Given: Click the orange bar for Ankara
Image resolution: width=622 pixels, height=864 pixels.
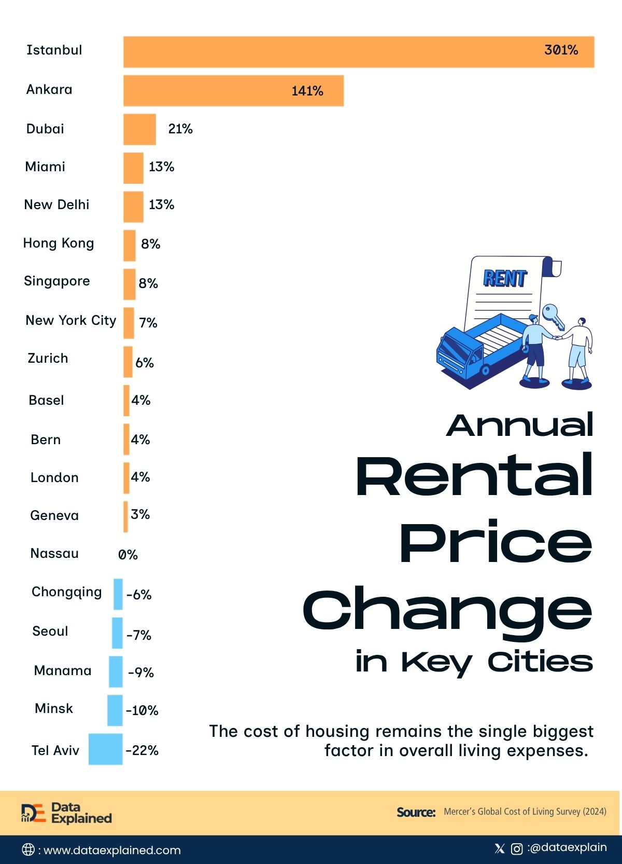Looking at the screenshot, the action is [x=234, y=91].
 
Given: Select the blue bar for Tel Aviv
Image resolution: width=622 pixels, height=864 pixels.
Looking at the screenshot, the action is [x=106, y=749].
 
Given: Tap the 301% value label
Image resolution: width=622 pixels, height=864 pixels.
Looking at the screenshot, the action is [x=561, y=50].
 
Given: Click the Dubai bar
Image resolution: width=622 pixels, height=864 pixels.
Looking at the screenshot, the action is [x=139, y=129].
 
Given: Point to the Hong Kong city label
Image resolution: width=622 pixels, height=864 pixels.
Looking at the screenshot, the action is [x=59, y=243].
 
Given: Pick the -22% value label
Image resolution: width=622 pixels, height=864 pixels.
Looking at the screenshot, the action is [x=142, y=750].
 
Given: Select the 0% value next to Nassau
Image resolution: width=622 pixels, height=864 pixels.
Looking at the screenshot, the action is [x=128, y=555].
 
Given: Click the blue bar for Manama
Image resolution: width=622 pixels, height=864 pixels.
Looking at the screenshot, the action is [x=116, y=671].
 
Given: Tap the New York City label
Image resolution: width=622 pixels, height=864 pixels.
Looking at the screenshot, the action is [x=71, y=321].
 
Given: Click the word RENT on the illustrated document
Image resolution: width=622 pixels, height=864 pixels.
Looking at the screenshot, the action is [x=505, y=278].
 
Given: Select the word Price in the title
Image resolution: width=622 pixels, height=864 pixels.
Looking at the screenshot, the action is [x=496, y=541].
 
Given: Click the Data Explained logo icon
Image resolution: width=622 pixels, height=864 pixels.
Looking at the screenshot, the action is [x=33, y=813].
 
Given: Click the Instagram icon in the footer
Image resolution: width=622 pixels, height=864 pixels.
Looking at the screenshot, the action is [x=517, y=848].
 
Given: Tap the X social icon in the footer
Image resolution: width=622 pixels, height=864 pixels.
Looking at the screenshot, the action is [x=500, y=848].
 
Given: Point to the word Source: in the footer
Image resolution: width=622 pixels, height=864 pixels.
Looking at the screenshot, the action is [x=416, y=812].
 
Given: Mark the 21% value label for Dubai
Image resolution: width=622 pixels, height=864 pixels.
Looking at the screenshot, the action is [x=180, y=129].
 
